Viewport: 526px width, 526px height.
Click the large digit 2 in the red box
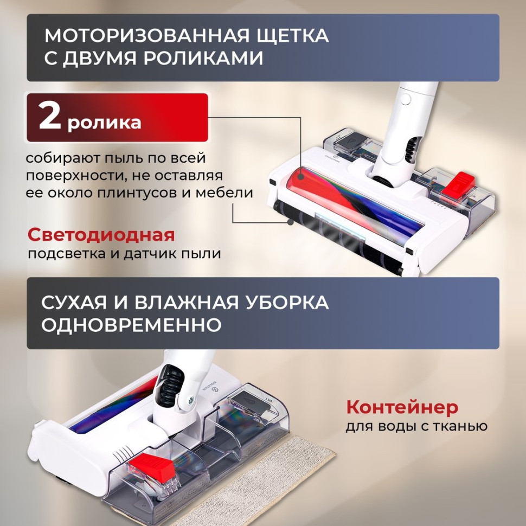49,118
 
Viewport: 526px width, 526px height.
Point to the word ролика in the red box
104,121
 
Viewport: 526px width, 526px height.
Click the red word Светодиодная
101,235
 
